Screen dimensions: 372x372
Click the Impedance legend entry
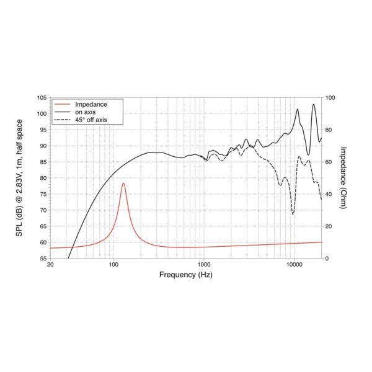click(x=91, y=104)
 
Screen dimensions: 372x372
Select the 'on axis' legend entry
click(x=87, y=112)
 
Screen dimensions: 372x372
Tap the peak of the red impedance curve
click(x=123, y=184)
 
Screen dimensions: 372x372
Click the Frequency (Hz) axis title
click(x=186, y=274)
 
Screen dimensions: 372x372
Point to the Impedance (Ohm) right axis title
click(x=345, y=178)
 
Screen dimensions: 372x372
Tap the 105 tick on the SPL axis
click(x=42, y=98)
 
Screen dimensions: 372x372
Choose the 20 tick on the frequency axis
click(x=50, y=265)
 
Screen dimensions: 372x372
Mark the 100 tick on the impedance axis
click(x=330, y=98)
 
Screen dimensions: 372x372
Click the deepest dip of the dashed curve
click(x=293, y=214)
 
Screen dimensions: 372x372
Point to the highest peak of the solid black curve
click(x=314, y=104)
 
